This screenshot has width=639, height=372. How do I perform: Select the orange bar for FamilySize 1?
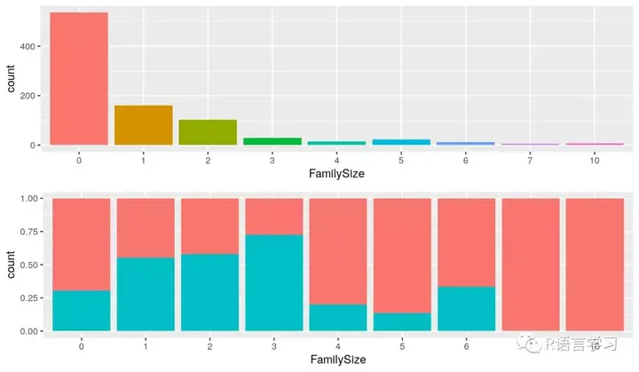coord(144,125)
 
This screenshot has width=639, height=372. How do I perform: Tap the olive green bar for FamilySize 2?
coord(208,131)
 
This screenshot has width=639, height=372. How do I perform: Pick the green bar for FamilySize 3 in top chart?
coord(272,141)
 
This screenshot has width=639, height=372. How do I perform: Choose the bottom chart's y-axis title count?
coord(11,264)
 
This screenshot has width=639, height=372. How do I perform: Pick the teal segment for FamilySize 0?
coord(80,311)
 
